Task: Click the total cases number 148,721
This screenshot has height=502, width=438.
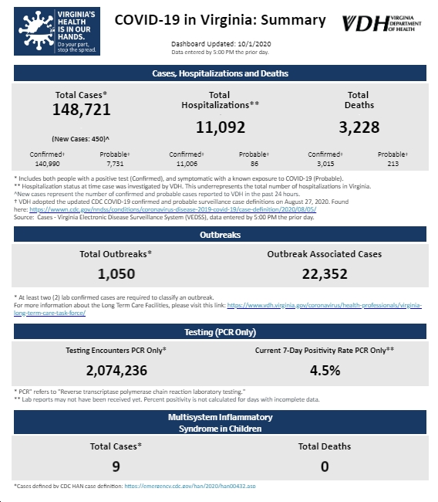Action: coord(82,110)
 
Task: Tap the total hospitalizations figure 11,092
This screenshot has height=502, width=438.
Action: coord(221,127)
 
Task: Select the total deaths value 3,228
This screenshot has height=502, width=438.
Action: coord(359,127)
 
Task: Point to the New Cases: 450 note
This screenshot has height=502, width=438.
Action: coord(80,139)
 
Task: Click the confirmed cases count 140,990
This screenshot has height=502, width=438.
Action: coord(47,164)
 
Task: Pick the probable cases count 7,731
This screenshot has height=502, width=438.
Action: coord(115,164)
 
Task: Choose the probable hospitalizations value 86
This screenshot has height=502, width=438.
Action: coord(254,164)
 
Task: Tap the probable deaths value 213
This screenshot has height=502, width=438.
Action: coord(393,164)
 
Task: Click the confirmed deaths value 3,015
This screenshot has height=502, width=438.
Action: coord(325,164)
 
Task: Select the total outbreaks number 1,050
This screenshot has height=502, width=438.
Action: coord(116,274)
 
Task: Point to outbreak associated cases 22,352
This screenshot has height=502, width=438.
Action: coord(325,274)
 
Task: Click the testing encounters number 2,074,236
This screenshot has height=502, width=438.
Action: coord(116,371)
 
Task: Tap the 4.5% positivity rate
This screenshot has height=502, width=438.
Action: coord(325,371)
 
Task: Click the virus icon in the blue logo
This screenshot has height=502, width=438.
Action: coord(36,31)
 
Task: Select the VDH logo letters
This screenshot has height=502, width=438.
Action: coord(366,24)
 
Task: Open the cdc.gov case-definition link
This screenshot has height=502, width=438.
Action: coord(173,209)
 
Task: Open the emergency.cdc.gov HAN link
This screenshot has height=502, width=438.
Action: coord(190,486)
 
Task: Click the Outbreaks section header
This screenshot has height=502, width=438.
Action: coord(220,235)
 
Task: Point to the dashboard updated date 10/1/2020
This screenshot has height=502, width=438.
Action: coord(254,44)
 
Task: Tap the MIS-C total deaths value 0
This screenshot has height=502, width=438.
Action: coord(325,466)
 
